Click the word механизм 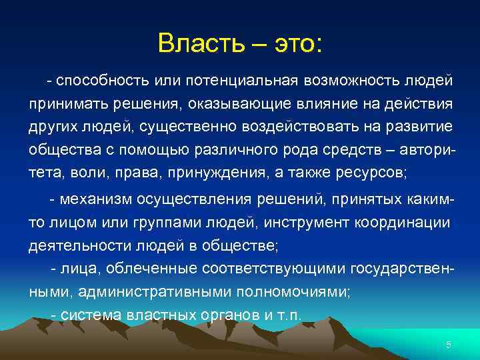pyautogui.click(x=97, y=199)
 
